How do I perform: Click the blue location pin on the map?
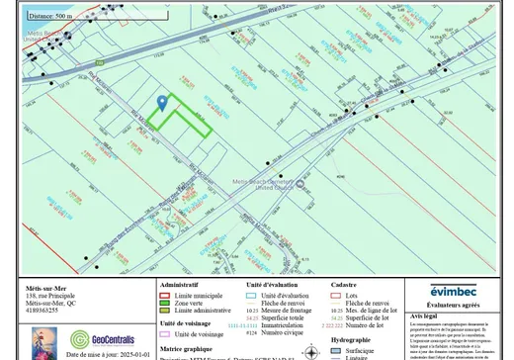pos(162,102)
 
